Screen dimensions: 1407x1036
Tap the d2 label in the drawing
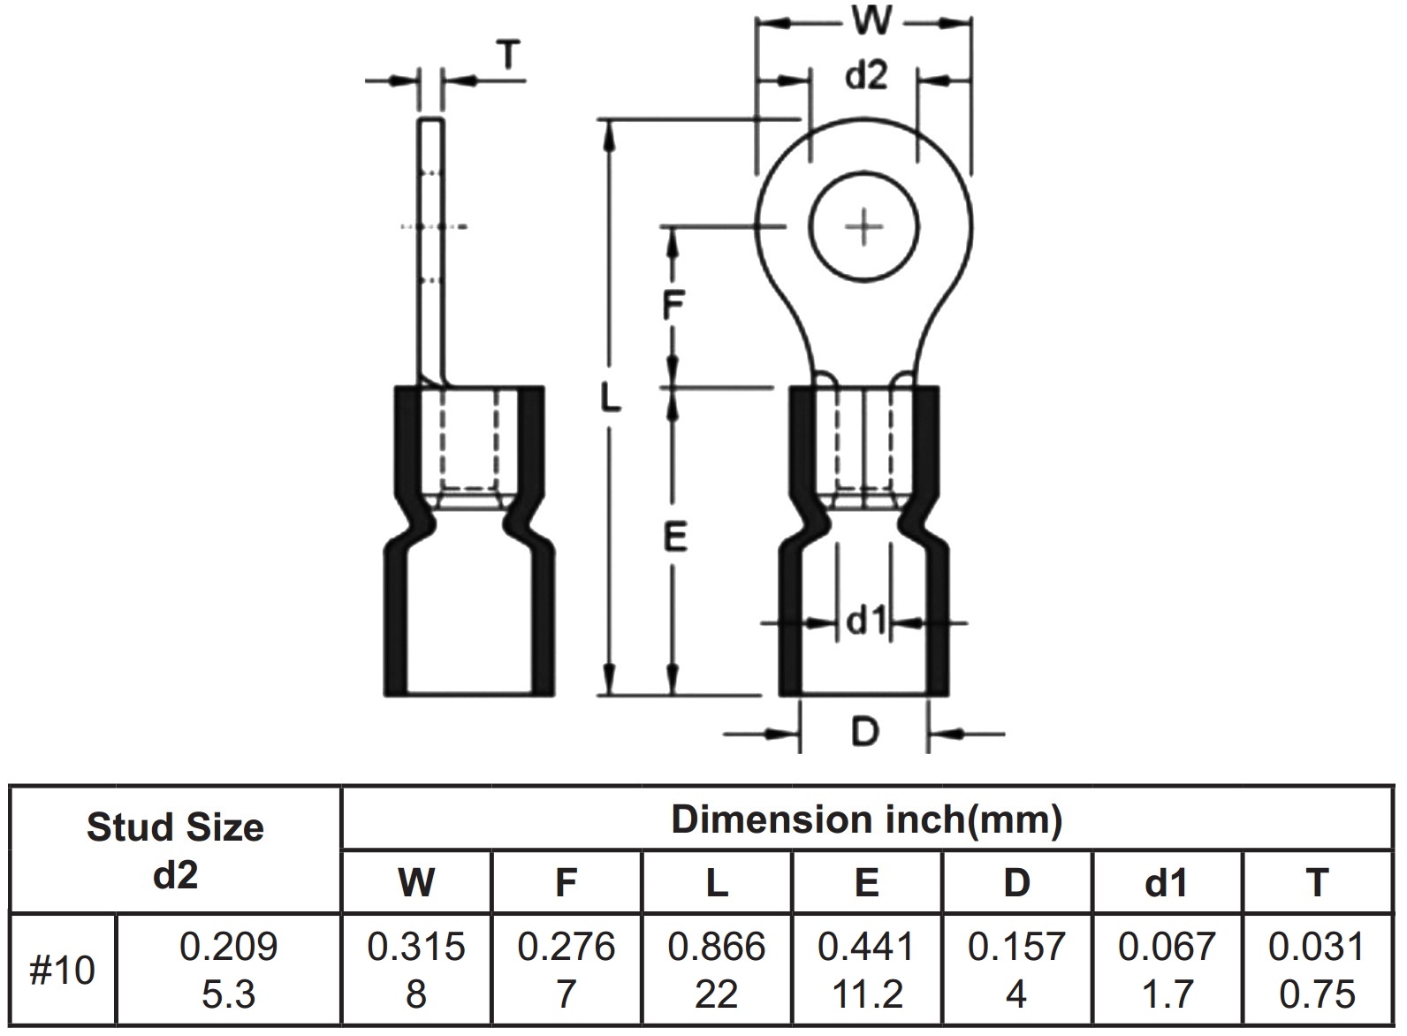pos(866,75)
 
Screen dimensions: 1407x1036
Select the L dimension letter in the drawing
pos(610,397)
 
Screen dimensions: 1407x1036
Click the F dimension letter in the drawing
pos(673,305)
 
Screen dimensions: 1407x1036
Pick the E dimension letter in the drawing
pos(675,537)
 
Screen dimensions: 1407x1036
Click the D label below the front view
pos(865,732)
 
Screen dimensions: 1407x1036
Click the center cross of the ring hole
pos(864,227)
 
